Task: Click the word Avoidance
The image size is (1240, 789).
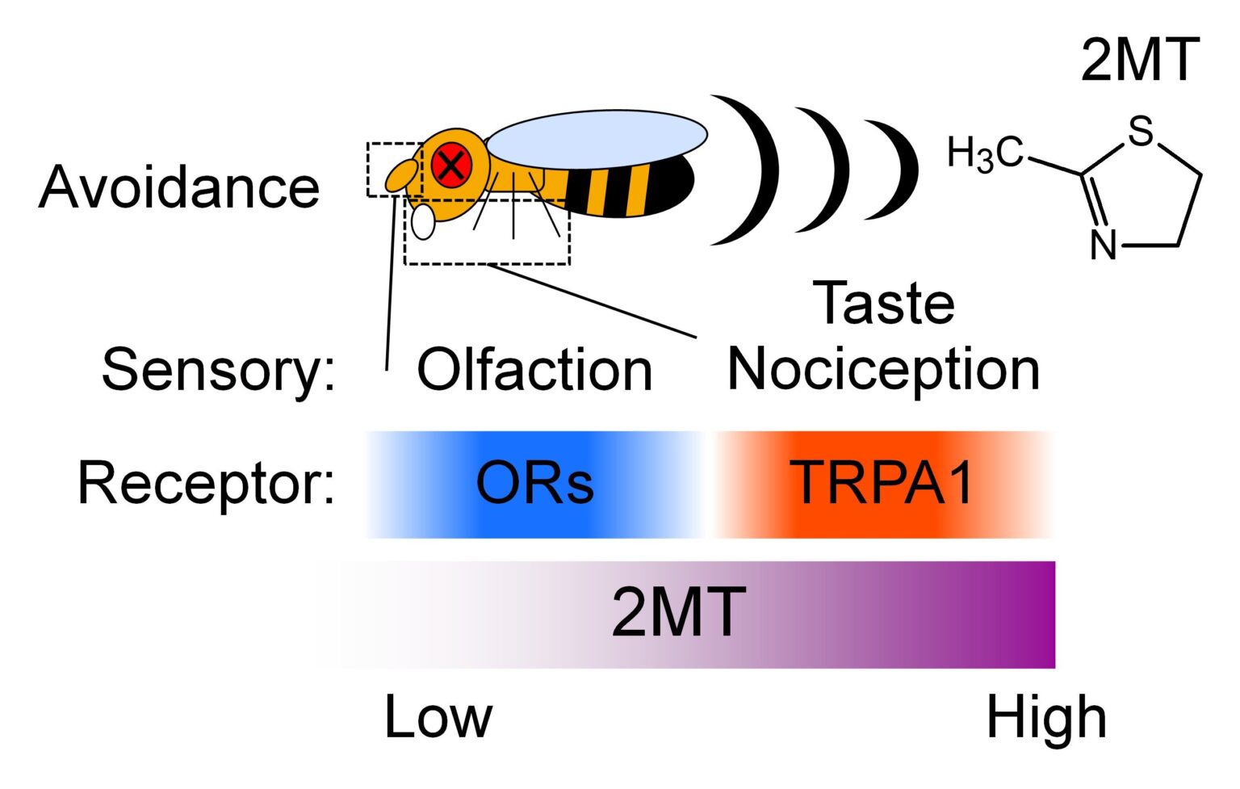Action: [x=179, y=187]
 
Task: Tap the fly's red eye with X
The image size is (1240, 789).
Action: [x=450, y=165]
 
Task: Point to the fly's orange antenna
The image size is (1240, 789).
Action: [x=401, y=175]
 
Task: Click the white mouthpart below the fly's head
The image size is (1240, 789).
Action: [x=423, y=221]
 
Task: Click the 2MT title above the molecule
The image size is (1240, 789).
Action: [x=1140, y=60]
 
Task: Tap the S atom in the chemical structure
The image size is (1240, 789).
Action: [x=1140, y=131]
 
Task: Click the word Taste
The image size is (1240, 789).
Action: [x=884, y=304]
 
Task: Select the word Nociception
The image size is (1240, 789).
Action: [x=884, y=370]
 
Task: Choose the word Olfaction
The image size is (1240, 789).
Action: [x=534, y=371]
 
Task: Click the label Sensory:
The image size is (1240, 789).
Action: [x=219, y=370]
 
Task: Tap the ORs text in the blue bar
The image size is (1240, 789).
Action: [x=534, y=484]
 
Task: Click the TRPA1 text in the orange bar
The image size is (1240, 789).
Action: [x=882, y=483]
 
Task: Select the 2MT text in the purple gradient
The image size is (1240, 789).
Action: [x=678, y=612]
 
